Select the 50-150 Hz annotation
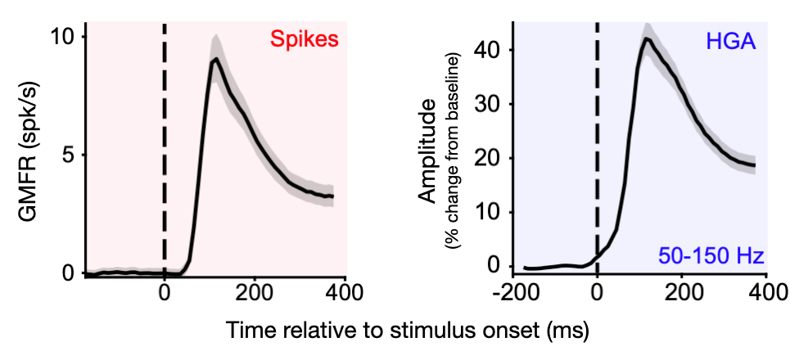pyautogui.click(x=711, y=256)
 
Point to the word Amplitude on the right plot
pyautogui.click(x=428, y=155)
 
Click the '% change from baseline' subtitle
pyautogui.click(x=451, y=155)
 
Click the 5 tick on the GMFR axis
pyautogui.click(x=69, y=155)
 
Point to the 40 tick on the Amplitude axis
pyautogui.click(x=494, y=50)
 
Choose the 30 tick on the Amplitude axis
pyautogui.click(x=494, y=104)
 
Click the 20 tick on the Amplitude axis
pyautogui.click(x=494, y=158)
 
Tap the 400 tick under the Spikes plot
pyautogui.click(x=344, y=292)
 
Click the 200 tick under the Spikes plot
pyautogui.click(x=255, y=292)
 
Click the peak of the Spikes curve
pyautogui.click(x=215, y=59)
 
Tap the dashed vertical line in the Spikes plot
pyautogui.click(x=165, y=147)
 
